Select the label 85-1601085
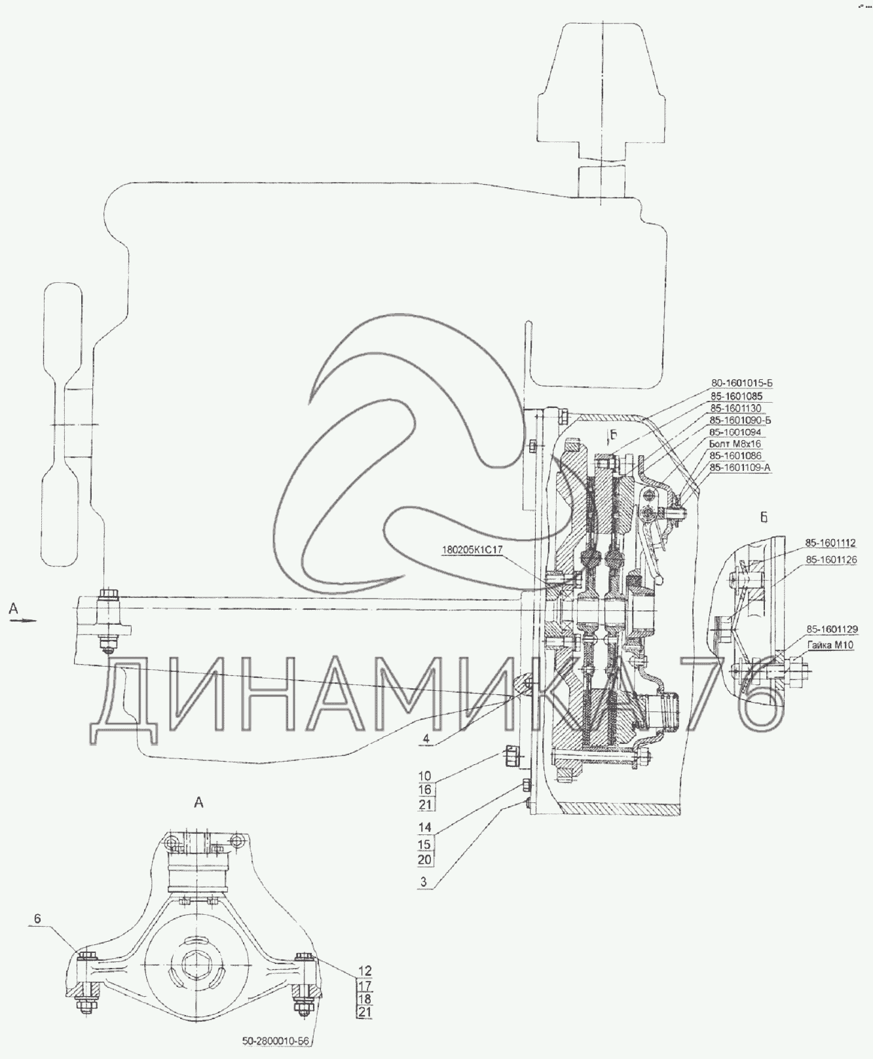[736, 396]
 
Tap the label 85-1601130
[736, 408]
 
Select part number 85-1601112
[830, 544]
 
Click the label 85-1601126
[830, 560]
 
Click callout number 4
[426, 739]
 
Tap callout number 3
[424, 882]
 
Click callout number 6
[37, 919]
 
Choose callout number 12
[365, 971]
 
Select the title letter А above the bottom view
[199, 803]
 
